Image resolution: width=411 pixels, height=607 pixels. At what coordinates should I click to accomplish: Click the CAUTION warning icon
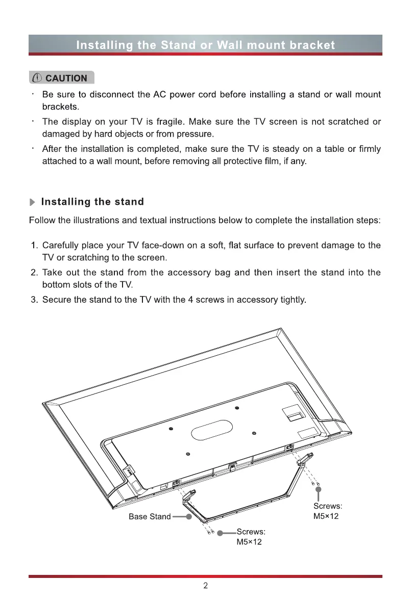point(37,78)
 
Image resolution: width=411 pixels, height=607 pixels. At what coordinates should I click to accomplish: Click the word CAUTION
point(66,78)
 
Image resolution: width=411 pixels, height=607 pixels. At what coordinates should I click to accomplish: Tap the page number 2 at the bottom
point(205,586)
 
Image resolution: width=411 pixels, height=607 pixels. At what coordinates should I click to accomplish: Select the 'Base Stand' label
point(150,517)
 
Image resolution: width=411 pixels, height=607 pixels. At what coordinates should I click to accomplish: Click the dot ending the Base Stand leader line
point(188,517)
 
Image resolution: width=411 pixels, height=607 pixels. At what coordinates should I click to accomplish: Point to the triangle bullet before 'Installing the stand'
point(33,202)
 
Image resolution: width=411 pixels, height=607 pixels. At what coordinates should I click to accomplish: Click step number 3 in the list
point(35,299)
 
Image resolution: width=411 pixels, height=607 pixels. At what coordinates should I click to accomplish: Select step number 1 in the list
point(35,246)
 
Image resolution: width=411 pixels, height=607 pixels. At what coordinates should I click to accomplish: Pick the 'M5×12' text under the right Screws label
point(326,516)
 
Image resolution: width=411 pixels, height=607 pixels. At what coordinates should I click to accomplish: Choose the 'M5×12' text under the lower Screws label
point(249,542)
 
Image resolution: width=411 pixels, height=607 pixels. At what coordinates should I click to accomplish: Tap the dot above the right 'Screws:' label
point(318,490)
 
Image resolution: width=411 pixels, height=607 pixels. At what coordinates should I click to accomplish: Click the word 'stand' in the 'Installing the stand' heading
point(130,202)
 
